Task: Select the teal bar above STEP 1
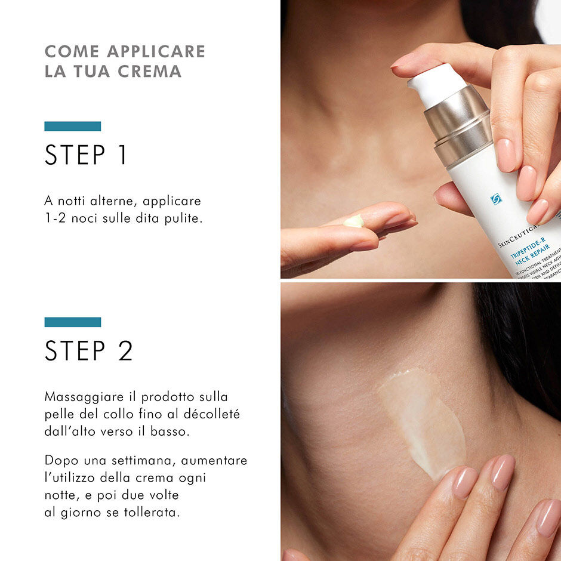pyautogui.click(x=72, y=126)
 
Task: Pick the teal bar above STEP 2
pyautogui.click(x=72, y=322)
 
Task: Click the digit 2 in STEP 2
pyautogui.click(x=125, y=351)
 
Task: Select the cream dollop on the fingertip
pyautogui.click(x=354, y=221)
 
